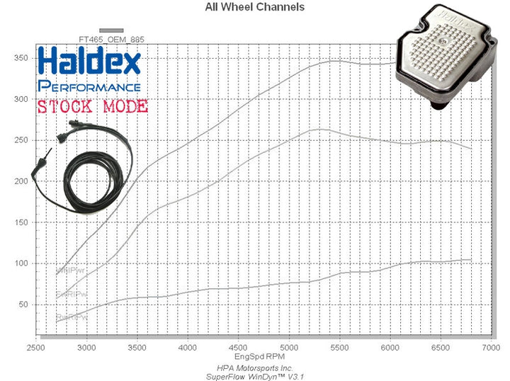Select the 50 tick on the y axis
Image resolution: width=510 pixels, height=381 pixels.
pos(26,305)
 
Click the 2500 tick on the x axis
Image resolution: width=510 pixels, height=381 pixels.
pos(35,349)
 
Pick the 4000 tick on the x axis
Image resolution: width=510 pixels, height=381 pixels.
pos(188,349)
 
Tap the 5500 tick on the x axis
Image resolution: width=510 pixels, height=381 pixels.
pos(340,349)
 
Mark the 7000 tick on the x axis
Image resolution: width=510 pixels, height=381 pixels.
pos(490,349)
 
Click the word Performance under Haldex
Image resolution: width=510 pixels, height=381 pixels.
pos(89,86)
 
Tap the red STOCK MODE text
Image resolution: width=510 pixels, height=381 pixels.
pos(92,107)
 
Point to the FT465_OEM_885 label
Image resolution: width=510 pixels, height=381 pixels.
pos(111,40)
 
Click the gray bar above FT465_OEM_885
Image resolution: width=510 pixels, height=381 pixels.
pos(111,30)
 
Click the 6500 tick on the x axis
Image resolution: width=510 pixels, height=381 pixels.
pos(441,349)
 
